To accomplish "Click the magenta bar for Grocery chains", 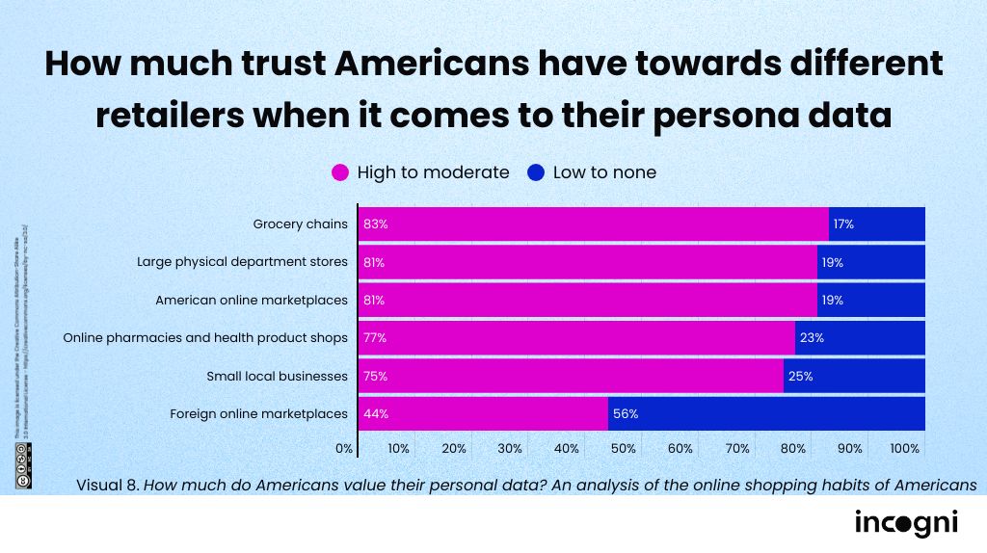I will pos(593,224).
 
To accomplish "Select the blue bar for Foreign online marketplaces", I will pos(766,413).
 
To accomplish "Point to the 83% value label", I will pos(375,224).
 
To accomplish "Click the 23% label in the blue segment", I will pos(812,338).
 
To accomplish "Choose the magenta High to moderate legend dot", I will pos(340,173).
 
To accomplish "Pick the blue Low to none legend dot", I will pos(536,173).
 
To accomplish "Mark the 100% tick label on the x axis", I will pos(905,449).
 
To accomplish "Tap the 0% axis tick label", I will pos(344,449).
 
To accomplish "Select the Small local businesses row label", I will pos(277,376).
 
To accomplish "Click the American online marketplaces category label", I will pos(251,300).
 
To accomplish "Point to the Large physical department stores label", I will pos(242,262).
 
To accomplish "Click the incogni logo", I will pos(906,523).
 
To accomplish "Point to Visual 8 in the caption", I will pos(107,484).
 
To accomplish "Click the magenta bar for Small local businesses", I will pos(571,376).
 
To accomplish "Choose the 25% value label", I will pos(800,376).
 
